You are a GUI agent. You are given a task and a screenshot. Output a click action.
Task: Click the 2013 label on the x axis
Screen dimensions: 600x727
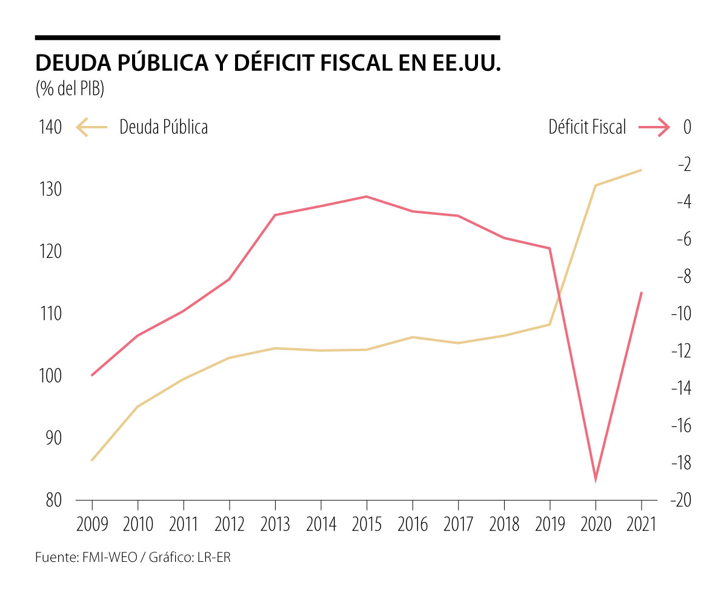pos(276,524)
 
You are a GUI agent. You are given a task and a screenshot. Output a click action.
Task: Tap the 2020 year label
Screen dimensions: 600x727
pos(596,524)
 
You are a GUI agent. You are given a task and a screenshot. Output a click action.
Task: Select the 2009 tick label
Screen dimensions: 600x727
pos(92,524)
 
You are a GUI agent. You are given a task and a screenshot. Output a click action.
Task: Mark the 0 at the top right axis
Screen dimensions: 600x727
pos(687,128)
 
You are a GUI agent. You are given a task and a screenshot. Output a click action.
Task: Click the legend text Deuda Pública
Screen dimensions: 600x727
pos(164,128)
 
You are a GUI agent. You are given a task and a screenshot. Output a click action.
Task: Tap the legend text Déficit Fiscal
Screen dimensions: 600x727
pos(587,128)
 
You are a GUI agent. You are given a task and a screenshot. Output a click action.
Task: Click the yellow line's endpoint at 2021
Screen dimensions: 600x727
pos(641,170)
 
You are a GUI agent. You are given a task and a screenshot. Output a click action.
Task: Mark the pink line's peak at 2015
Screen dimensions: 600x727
pos(367,196)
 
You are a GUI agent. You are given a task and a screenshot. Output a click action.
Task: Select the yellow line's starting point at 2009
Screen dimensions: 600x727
pos(92,460)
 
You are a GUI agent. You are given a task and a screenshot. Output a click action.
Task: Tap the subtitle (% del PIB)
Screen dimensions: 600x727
pos(70,89)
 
